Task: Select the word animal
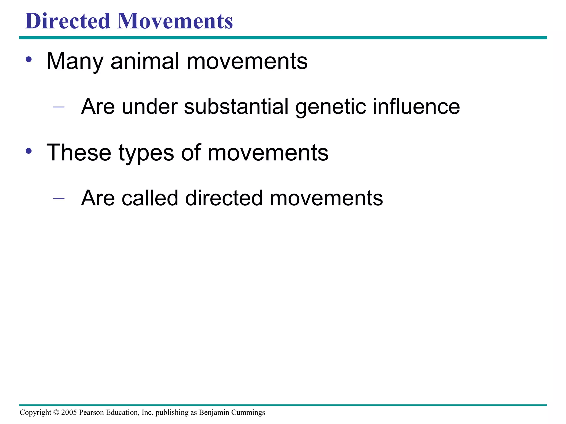(145, 61)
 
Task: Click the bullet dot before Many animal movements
(29, 60)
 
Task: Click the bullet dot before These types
(29, 151)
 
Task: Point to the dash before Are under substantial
(59, 107)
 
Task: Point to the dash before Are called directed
(59, 198)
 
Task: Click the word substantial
(236, 107)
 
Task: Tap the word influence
(416, 107)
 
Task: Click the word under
(150, 107)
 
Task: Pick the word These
(79, 153)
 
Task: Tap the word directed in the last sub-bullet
(224, 198)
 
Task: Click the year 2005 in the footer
(69, 412)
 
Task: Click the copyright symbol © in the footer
(56, 412)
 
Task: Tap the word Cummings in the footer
(248, 413)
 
